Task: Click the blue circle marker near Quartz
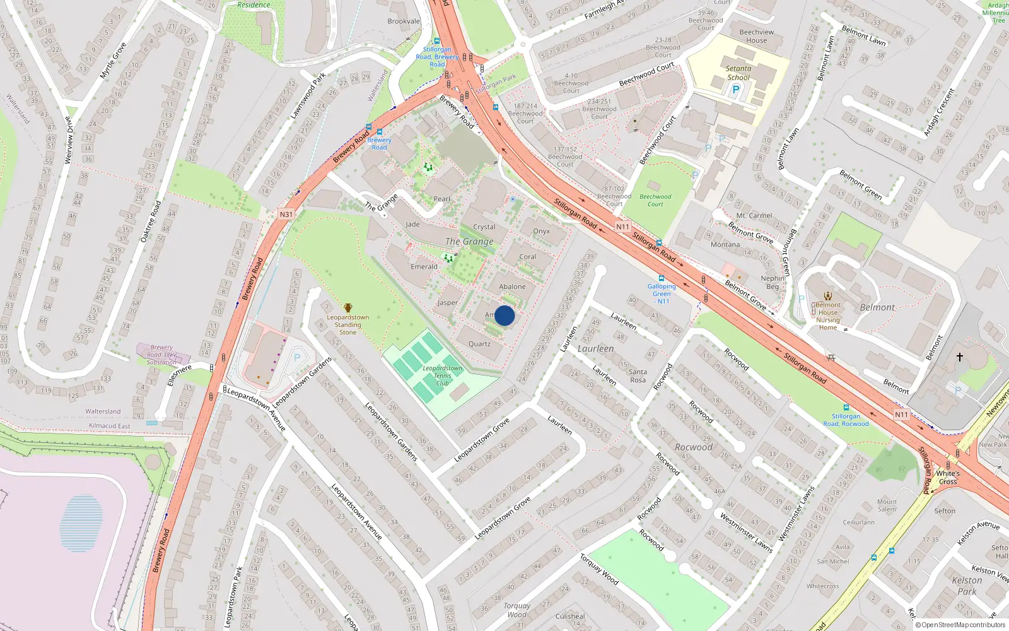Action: point(504,315)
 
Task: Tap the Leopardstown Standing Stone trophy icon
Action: point(347,308)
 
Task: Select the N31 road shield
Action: point(286,215)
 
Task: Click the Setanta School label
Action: point(738,73)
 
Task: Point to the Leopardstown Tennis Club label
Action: point(442,375)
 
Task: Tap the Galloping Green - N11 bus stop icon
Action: point(661,278)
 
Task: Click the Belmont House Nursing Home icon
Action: point(828,295)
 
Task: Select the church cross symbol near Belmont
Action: point(960,357)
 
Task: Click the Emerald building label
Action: point(424,267)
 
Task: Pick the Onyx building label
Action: point(541,232)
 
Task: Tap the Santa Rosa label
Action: point(638,376)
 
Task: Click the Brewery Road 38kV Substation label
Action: point(161,355)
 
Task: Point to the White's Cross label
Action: point(948,478)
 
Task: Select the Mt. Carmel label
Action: point(754,216)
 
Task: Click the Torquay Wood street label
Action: point(599,569)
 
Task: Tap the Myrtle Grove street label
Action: point(114,61)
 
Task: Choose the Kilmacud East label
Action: point(110,426)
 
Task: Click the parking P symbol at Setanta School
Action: point(735,90)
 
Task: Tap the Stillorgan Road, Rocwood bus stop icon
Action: point(846,408)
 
